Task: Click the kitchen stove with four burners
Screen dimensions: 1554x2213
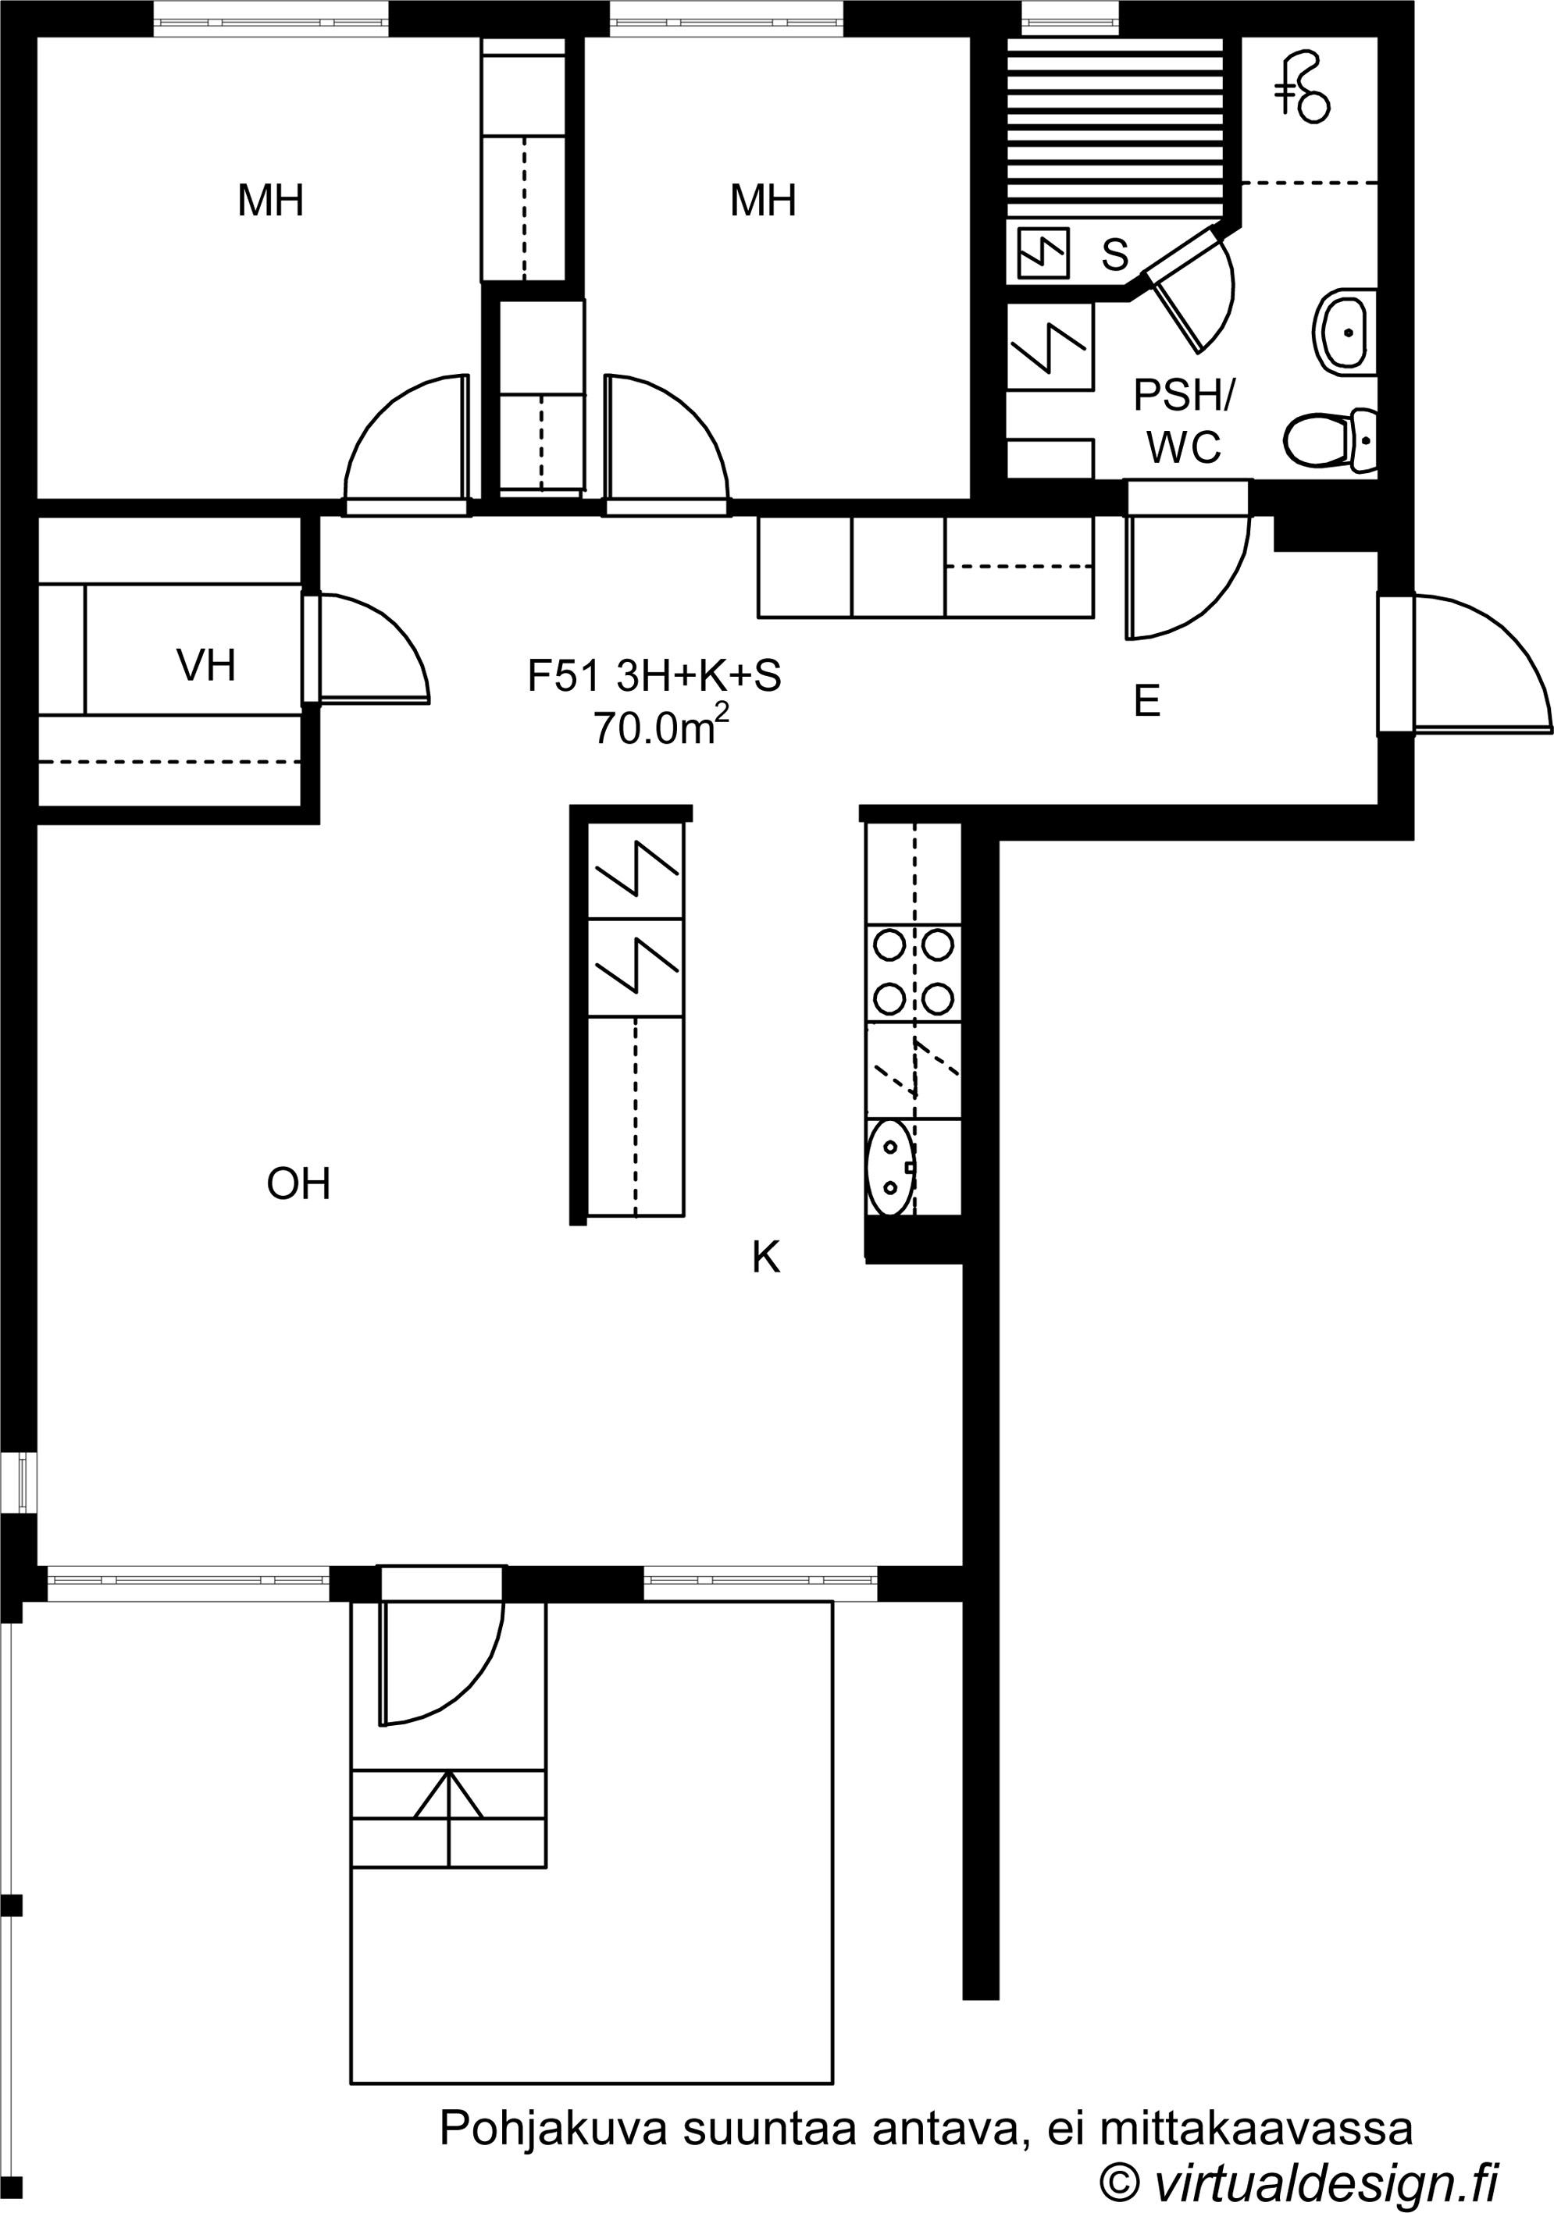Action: pyautogui.click(x=914, y=972)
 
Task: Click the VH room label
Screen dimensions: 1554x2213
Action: pyautogui.click(x=206, y=665)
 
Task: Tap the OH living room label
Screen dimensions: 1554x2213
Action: pyautogui.click(x=299, y=1183)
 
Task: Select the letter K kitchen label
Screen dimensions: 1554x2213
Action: pyautogui.click(x=766, y=1257)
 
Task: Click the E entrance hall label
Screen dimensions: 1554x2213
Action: pyautogui.click(x=1146, y=701)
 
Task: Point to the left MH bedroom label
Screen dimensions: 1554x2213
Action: pyautogui.click(x=271, y=201)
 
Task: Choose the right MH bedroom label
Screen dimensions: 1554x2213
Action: pyautogui.click(x=764, y=201)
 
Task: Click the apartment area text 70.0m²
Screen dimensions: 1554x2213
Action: pyautogui.click(x=661, y=727)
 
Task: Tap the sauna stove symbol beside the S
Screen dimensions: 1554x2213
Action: pyautogui.click(x=1043, y=253)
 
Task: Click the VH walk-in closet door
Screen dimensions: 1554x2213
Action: pyautogui.click(x=375, y=646)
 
